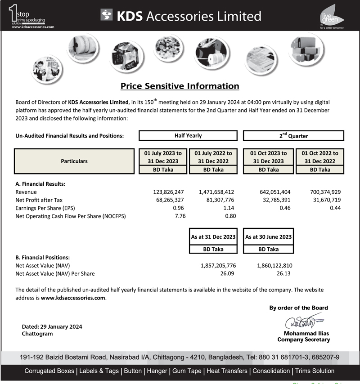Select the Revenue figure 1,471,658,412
pos(216,192)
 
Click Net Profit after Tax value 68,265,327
pos(170,200)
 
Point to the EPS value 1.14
pos(229,208)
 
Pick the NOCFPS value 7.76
pos(180,216)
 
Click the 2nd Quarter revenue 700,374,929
pos(325,192)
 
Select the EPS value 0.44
pos(335,208)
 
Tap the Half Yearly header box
pos(188,135)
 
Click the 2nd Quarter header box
pos(293,135)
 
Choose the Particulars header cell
pos(74,161)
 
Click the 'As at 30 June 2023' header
pos(269,237)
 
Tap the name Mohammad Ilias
pos(306,334)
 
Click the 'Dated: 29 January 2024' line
pos(52,327)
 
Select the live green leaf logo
pos(333,16)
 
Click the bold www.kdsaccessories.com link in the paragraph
pos(73,298)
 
